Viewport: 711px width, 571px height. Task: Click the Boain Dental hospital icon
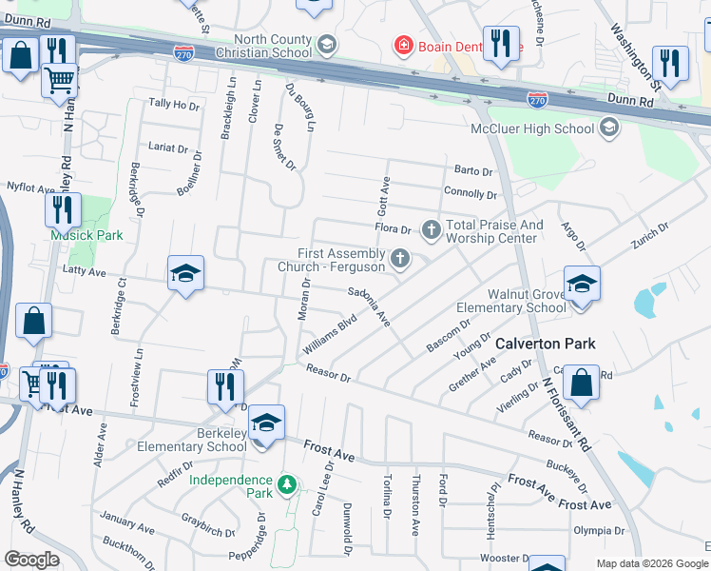(404, 45)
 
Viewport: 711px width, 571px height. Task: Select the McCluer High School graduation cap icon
(608, 128)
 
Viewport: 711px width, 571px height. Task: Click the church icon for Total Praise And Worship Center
(432, 228)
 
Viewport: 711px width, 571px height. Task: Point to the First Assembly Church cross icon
(401, 257)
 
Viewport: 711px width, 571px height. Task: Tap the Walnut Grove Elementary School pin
(581, 283)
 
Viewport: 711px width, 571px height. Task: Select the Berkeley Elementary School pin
(265, 422)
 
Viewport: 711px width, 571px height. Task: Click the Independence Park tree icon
(286, 486)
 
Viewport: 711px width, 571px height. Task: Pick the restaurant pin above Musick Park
(63, 209)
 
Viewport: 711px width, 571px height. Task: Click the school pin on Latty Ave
(185, 274)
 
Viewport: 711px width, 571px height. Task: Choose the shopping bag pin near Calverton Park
(580, 383)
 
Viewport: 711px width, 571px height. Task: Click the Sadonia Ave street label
(369, 305)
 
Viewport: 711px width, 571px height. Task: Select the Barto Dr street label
(473, 171)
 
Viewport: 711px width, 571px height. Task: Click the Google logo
(32, 560)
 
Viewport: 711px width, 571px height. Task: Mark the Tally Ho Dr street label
(174, 105)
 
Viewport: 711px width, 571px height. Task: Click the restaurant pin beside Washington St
(670, 63)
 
